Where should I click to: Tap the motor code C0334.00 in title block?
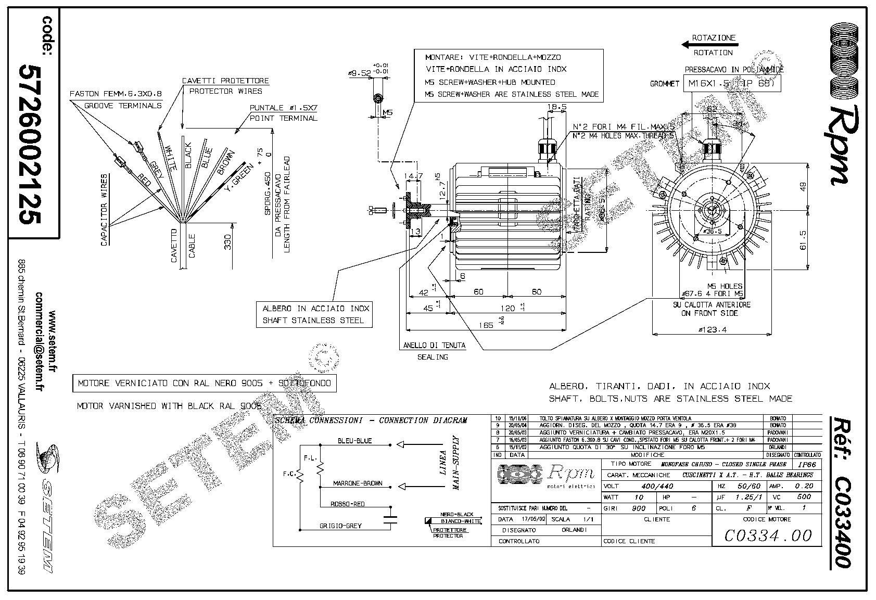point(768,535)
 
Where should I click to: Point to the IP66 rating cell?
point(807,464)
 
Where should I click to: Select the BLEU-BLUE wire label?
point(355,440)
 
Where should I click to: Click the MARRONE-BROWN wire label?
point(358,483)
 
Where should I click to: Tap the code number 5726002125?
point(30,144)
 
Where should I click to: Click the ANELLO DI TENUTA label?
point(435,344)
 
